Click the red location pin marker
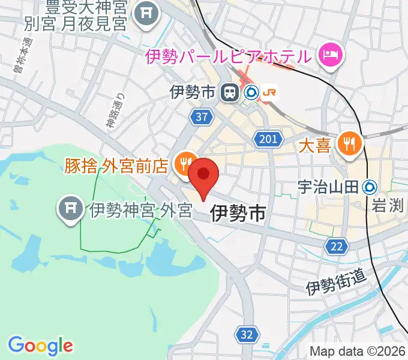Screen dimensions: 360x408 point(204,175)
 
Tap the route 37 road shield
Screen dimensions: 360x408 point(202,117)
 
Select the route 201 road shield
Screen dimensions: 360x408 point(269,140)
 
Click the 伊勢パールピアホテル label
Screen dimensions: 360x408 point(229,57)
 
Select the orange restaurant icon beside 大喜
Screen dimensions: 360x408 point(349,143)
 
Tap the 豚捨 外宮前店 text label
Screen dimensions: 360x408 point(116,166)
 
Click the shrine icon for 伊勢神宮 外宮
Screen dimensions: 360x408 point(71,209)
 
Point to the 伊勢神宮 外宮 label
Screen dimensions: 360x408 point(140,210)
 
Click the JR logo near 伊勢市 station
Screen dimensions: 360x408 point(271,92)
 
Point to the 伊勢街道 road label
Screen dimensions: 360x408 point(335,280)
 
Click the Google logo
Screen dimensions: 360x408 point(40,346)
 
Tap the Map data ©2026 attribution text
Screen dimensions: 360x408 point(358,351)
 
